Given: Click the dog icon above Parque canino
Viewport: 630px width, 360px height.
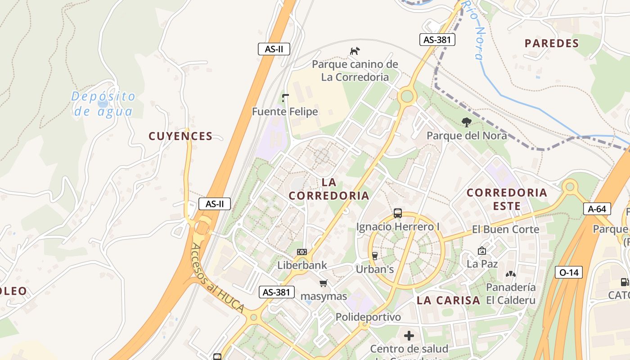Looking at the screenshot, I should click(355, 51).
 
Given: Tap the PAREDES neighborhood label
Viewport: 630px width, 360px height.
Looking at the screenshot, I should click(551, 44).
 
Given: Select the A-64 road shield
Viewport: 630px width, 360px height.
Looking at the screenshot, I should click(597, 209).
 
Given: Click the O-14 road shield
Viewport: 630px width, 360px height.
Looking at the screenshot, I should click(569, 272).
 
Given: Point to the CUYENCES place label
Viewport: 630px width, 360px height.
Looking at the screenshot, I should click(180, 136).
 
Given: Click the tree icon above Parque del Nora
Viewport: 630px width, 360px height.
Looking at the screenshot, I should click(467, 121).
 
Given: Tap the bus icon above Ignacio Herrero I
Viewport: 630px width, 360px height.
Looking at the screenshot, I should click(398, 213).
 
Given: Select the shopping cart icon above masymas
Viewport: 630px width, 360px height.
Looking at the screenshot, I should click(323, 283).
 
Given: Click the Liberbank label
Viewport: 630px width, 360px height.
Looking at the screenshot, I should click(302, 265).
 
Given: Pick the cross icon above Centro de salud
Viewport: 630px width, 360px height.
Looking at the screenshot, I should click(409, 336).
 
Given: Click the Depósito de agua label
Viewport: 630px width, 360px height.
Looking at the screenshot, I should click(103, 104).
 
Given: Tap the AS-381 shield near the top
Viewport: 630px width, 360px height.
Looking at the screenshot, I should click(437, 40).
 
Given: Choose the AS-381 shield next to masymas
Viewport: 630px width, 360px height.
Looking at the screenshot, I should click(277, 292).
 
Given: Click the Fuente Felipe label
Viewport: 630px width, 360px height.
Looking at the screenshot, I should click(285, 112).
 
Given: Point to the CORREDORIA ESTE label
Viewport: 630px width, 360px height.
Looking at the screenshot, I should click(507, 199).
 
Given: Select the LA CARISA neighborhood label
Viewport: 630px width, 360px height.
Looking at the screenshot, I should click(448, 301).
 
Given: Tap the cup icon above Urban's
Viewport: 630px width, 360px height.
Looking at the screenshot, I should click(374, 256).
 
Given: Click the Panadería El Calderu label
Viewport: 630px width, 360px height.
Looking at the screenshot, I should click(511, 294).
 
